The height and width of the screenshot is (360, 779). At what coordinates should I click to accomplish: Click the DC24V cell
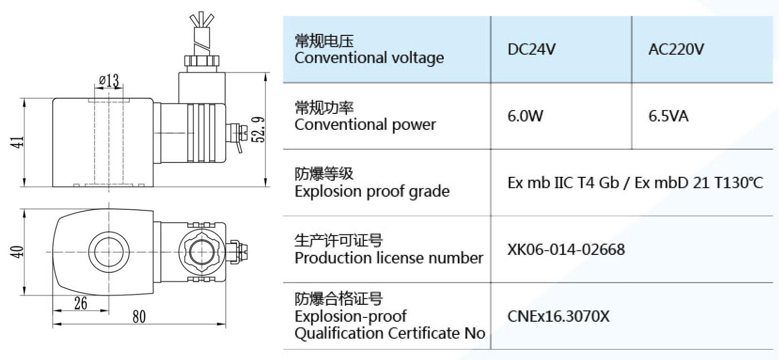click(x=531, y=49)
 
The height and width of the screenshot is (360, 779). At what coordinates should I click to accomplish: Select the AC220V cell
click(x=676, y=49)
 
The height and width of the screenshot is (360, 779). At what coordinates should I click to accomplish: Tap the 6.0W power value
click(x=525, y=116)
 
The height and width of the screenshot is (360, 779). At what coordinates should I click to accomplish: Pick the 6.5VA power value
click(x=668, y=116)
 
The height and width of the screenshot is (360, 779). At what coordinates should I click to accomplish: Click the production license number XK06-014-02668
click(x=566, y=250)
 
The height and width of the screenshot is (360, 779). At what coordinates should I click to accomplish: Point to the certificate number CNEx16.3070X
click(x=558, y=316)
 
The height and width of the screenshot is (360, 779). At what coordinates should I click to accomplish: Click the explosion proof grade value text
click(x=635, y=183)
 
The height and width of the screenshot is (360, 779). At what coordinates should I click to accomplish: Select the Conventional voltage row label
click(x=369, y=49)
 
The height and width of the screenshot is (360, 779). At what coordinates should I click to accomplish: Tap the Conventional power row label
click(x=365, y=116)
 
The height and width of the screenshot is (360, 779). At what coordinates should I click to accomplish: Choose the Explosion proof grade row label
click(x=372, y=183)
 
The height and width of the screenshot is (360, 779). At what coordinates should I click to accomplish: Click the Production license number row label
click(x=389, y=250)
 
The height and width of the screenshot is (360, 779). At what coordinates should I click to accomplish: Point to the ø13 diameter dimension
click(x=109, y=80)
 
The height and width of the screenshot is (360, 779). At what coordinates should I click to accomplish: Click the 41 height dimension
click(x=18, y=142)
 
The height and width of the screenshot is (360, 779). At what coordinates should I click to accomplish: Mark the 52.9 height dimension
click(x=259, y=129)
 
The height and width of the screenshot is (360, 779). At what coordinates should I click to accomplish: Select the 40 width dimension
click(x=18, y=252)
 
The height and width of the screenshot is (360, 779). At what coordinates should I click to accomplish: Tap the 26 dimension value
click(x=80, y=303)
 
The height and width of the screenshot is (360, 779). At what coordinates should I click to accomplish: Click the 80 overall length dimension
click(x=139, y=317)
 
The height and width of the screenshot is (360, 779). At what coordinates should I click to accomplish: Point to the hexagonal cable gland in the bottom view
click(x=202, y=251)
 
